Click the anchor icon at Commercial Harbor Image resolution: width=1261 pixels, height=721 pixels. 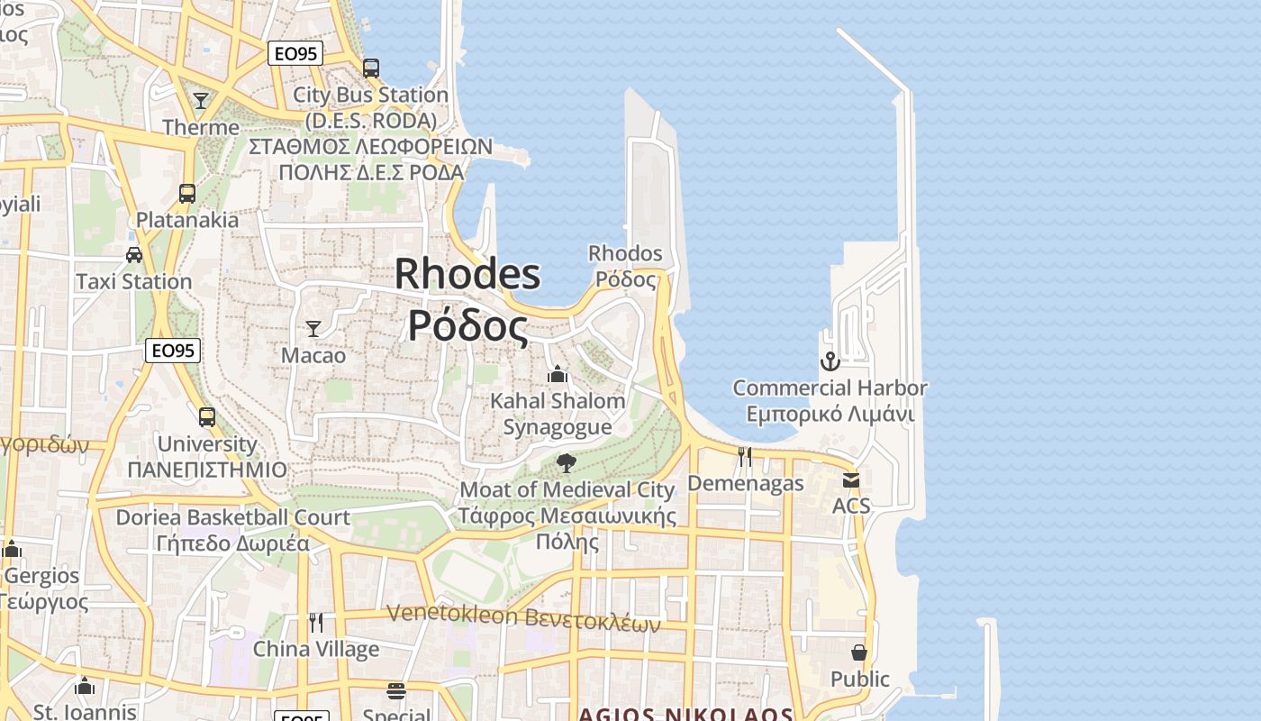tap(830, 361)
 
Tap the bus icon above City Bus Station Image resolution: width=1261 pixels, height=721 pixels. tap(371, 68)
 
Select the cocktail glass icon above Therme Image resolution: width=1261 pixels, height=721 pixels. tap(201, 100)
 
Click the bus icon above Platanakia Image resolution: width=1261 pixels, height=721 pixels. tap(187, 193)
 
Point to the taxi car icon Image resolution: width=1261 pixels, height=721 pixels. tap(134, 255)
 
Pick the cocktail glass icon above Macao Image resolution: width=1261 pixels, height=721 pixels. tap(313, 328)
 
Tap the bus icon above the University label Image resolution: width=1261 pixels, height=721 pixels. tap(207, 417)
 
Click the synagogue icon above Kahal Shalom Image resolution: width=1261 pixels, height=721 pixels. tap(558, 373)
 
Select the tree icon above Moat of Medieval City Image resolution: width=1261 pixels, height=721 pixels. tap(567, 463)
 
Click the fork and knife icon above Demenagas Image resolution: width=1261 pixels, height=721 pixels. tap(745, 457)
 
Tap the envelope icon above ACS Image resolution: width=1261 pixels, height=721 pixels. tap(851, 479)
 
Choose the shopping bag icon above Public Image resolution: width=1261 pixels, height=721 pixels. tap(859, 652)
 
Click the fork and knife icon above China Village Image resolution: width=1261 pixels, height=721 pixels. tap(316, 622)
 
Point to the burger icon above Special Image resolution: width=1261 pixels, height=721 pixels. tap(396, 691)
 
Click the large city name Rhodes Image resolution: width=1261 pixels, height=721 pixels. tap(467, 274)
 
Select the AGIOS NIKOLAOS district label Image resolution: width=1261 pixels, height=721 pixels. tap(685, 715)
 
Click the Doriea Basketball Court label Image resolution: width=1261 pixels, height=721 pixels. tap(232, 517)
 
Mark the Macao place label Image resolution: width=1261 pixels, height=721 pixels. tap(313, 355)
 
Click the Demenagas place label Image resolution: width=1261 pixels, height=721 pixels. tap(746, 483)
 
